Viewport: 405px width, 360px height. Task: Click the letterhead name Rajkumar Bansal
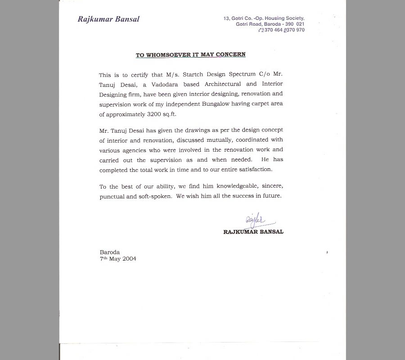108,19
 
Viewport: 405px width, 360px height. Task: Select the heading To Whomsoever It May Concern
191,55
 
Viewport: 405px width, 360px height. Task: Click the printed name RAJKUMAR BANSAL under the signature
253,232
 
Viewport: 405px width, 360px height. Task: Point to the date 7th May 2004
118,259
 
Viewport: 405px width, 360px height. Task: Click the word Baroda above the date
110,252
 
